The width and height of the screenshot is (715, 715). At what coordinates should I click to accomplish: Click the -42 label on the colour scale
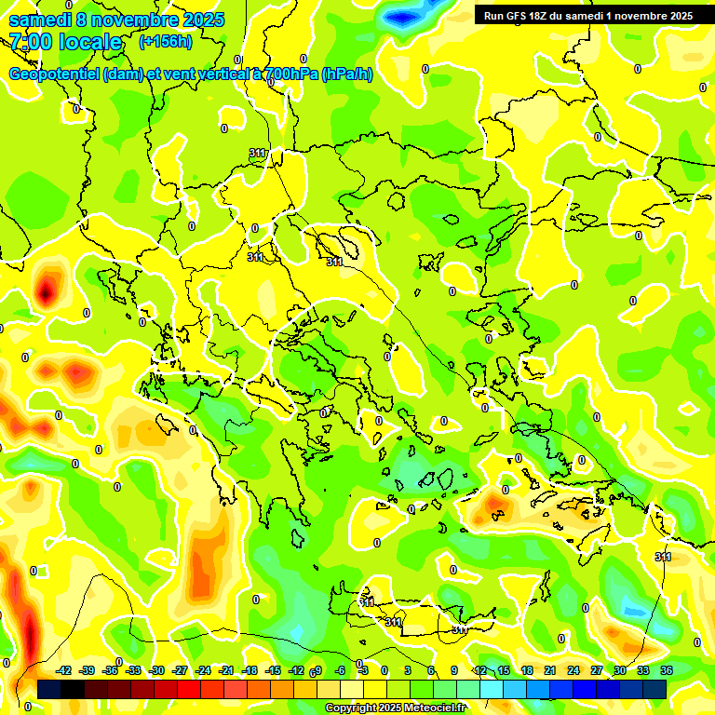64,670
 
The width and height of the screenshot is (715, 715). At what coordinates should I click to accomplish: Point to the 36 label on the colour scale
668,670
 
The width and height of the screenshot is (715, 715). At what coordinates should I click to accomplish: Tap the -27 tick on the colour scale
180,670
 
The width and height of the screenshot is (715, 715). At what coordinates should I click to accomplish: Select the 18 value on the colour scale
527,670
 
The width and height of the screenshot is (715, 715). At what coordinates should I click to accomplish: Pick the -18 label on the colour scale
250,670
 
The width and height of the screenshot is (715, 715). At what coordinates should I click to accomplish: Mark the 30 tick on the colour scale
620,670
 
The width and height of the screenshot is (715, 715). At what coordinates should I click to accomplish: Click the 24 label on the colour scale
573,670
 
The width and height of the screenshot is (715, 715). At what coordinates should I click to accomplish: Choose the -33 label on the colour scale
134,670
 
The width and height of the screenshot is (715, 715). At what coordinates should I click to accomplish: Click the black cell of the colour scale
49,689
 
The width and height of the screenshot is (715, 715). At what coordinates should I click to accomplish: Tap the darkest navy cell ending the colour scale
654,689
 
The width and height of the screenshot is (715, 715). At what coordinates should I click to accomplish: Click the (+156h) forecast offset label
165,41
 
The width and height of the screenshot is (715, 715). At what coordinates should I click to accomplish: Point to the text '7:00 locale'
65,42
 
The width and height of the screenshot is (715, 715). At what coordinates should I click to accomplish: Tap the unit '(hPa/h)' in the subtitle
346,74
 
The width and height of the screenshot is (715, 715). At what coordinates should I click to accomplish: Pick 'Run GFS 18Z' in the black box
515,15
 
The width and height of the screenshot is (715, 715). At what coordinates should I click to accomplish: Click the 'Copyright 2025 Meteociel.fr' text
396,708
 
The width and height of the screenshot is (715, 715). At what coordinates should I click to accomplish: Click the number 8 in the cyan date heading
82,20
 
